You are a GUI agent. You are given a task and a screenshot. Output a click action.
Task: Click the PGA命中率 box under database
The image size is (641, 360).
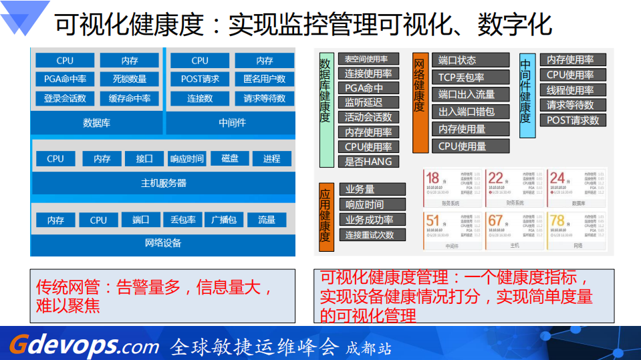click(65, 79)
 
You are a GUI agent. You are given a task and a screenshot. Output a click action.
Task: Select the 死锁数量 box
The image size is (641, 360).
click(130, 79)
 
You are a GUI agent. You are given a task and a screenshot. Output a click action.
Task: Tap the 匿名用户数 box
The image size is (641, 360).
click(265, 79)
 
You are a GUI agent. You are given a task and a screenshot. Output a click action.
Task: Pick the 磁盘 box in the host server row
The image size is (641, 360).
click(230, 159)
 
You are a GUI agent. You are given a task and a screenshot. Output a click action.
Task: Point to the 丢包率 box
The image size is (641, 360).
click(182, 220)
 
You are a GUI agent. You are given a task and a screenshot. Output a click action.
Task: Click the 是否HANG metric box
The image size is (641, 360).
click(368, 162)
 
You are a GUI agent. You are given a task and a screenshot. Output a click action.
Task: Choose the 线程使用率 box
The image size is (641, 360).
click(570, 90)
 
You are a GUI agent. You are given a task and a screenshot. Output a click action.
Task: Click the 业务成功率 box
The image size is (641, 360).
click(369, 220)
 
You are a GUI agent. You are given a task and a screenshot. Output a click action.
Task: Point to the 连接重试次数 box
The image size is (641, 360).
click(370, 235)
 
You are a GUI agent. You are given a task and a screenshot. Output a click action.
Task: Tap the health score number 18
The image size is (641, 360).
click(433, 178)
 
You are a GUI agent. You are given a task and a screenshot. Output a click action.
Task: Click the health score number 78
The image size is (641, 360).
click(557, 220)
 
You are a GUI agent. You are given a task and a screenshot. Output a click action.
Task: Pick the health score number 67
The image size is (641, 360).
click(495, 220)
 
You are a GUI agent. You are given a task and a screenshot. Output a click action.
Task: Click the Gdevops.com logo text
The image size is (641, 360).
click(84, 345)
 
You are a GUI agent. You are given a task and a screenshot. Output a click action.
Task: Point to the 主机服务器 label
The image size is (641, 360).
click(164, 182)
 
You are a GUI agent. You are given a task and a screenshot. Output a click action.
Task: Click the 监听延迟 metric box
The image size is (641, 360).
click(364, 103)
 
